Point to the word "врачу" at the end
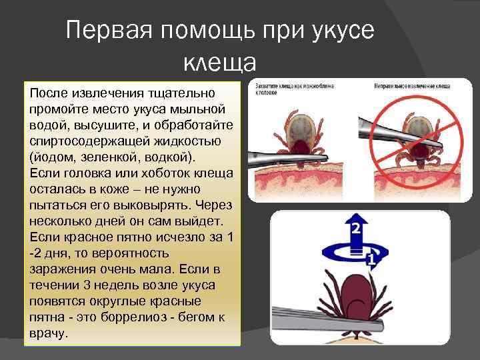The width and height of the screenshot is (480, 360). click(49, 332)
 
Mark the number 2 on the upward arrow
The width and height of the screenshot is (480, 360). click(356, 229)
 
